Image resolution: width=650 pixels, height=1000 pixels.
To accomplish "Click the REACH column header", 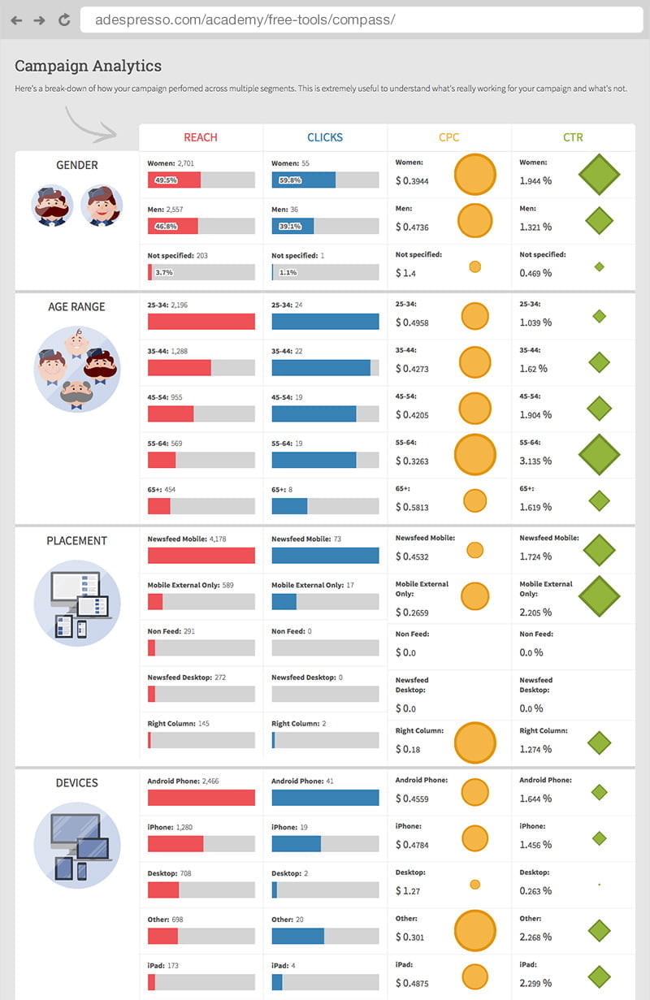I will (x=201, y=137).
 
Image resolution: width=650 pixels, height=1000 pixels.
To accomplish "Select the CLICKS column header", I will (x=325, y=137).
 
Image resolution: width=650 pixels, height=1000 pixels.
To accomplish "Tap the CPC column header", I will (x=449, y=137).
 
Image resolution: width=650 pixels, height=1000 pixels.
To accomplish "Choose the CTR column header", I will (x=573, y=137).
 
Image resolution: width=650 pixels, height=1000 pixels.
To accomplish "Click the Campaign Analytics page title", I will (x=88, y=66).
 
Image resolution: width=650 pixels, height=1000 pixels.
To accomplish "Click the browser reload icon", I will (x=63, y=19).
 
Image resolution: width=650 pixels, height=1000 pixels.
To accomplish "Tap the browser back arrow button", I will (x=16, y=19).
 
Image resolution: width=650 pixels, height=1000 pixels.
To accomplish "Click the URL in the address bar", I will (x=245, y=19).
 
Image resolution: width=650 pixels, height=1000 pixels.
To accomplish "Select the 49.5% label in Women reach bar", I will (x=166, y=180).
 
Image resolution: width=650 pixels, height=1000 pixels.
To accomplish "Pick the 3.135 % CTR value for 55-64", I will (x=535, y=461).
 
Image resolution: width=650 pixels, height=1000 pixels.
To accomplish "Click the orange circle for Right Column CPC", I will (x=474, y=742).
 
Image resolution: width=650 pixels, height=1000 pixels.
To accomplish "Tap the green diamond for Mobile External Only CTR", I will (x=599, y=596).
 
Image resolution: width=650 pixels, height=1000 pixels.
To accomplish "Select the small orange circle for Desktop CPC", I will (x=474, y=885).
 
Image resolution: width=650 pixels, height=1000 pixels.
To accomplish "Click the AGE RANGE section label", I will (x=77, y=307).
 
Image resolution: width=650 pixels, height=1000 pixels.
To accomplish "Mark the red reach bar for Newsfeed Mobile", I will (x=201, y=556).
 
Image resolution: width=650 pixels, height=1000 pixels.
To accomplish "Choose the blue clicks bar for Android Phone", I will (x=325, y=798).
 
